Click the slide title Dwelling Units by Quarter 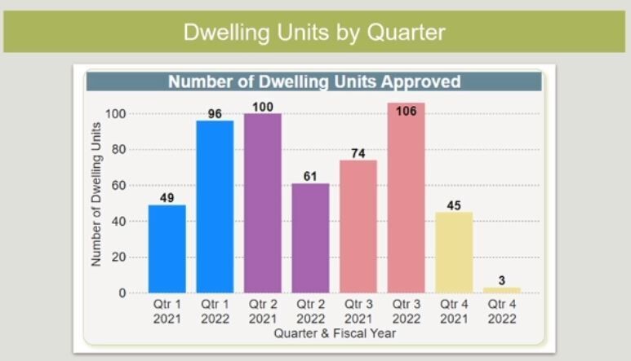[x=314, y=32]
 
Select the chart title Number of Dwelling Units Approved [x=314, y=81]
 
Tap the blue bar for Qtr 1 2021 [x=167, y=249]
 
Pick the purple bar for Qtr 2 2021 [x=263, y=203]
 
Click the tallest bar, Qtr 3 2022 [x=406, y=200]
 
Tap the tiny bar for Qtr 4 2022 [x=501, y=289]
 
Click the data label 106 [x=406, y=111]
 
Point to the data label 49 [x=167, y=197]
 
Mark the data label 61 [x=310, y=176]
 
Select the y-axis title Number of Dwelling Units [x=96, y=194]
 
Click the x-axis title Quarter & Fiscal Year [x=335, y=333]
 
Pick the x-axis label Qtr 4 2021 [x=454, y=312]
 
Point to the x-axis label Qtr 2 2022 [x=310, y=312]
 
